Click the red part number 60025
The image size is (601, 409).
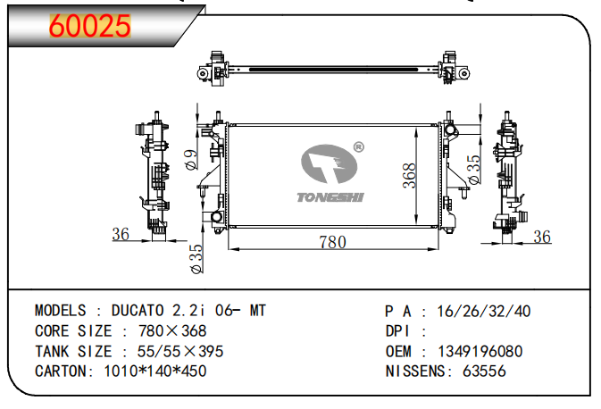pos(90,26)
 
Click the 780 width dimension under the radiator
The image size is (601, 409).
pos(333,242)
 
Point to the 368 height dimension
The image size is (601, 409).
pos(409,176)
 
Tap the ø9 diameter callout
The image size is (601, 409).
pos(191,159)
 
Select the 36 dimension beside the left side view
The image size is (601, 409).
pos(121,234)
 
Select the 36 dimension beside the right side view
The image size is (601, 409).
pos(542,237)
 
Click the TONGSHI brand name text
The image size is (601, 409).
pos(330,197)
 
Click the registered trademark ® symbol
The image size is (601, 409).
pos(358,146)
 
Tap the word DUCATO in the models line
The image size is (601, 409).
pos(138,311)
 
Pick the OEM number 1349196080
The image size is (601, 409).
pos(480,351)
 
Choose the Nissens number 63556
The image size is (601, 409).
pos(484,371)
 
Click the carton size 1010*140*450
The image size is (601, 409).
pos(155,371)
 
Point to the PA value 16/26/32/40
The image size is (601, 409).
pos(484,312)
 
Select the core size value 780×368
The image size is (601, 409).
pos(172,330)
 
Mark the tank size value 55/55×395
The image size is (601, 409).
pos(180,351)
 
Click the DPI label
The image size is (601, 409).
pos(397,331)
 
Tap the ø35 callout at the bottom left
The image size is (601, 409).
pos(196,259)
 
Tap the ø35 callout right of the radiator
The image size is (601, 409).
pos(474,169)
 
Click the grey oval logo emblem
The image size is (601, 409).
pos(329,163)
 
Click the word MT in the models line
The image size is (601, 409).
pos(257,311)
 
